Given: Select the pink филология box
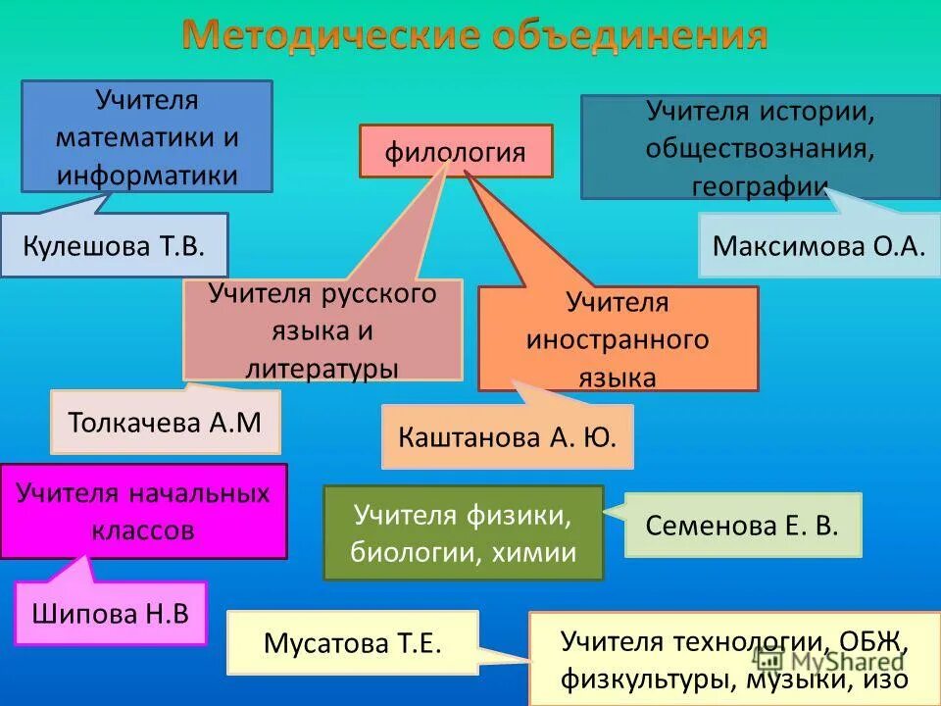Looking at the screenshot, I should click(455, 152).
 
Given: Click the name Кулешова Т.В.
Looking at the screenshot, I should click(115, 244).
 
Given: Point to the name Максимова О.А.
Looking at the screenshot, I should click(818, 244).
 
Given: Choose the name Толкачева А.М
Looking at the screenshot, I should click(165, 423).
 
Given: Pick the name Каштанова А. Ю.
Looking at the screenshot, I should click(507, 436).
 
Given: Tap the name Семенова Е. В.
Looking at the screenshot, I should click(742, 525).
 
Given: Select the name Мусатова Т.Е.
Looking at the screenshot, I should click(353, 643).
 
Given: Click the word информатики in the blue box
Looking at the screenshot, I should click(147, 175).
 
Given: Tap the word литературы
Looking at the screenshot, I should click(322, 368).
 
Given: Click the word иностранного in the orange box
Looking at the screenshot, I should click(618, 339).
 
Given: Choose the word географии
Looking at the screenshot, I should click(760, 185).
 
